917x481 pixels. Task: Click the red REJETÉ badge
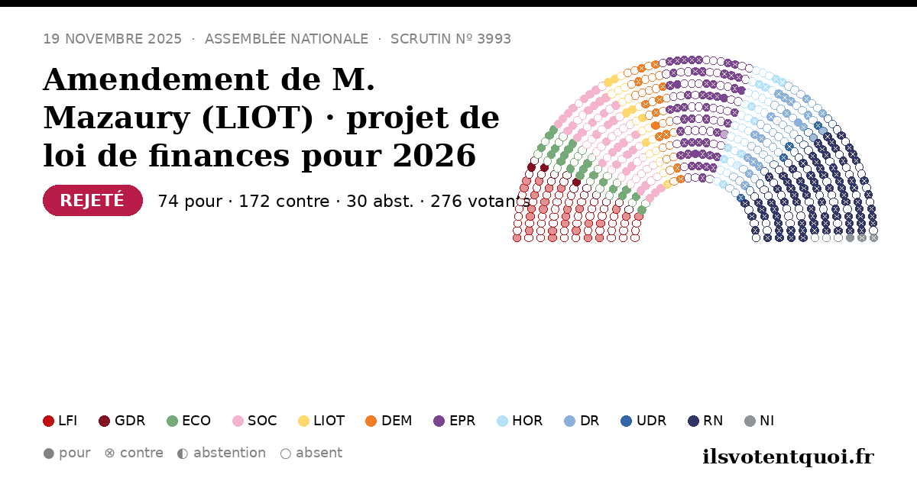click(92, 200)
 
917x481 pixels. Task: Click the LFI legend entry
click(60, 421)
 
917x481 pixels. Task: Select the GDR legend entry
click(122, 421)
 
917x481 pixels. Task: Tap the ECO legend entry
click(189, 421)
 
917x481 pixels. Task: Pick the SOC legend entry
click(254, 421)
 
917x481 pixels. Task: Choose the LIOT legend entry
click(322, 421)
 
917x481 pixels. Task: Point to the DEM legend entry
click(388, 421)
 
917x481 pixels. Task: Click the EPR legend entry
click(455, 421)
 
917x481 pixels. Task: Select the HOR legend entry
click(520, 421)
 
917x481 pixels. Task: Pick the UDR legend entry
click(643, 421)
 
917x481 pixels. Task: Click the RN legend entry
click(705, 421)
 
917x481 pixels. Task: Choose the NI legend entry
click(760, 421)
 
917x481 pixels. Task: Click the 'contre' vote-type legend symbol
click(109, 454)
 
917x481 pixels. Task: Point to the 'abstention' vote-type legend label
click(230, 453)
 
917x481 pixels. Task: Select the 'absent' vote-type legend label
click(319, 453)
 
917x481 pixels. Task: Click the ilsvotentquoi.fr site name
click(788, 457)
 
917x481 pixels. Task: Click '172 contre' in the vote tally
click(284, 202)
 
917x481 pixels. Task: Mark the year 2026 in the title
click(434, 156)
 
